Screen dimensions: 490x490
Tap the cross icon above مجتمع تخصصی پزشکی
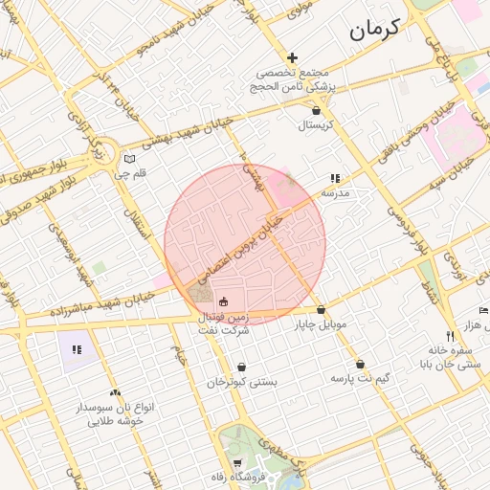pyautogui.click(x=293, y=58)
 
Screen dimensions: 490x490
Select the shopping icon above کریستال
pyautogui.click(x=316, y=111)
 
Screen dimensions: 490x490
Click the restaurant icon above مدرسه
pyautogui.click(x=335, y=178)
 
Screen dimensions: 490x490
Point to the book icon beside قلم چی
pyautogui.click(x=130, y=159)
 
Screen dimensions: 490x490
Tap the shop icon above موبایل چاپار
pyautogui.click(x=321, y=310)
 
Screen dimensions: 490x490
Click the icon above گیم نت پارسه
pyautogui.click(x=360, y=365)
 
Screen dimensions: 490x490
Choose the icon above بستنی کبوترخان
pyautogui.click(x=242, y=367)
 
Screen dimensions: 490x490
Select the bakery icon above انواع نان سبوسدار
pyautogui.click(x=116, y=392)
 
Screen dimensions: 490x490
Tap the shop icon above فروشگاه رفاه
pyautogui.click(x=237, y=463)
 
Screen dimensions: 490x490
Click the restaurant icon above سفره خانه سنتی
pyautogui.click(x=450, y=336)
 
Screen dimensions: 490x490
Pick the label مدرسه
pyautogui.click(x=334, y=193)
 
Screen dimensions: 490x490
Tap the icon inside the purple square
pyautogui.click(x=77, y=349)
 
